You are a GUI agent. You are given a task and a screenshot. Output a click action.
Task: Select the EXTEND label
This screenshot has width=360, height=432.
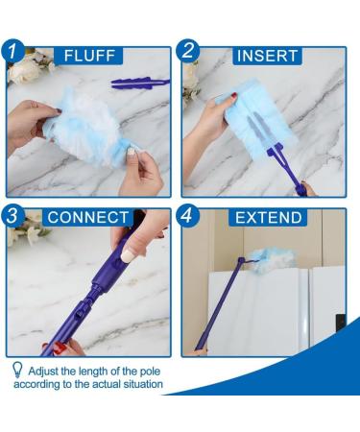(x=270, y=217)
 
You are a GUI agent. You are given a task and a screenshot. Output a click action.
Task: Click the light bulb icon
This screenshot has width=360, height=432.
(x=17, y=370)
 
